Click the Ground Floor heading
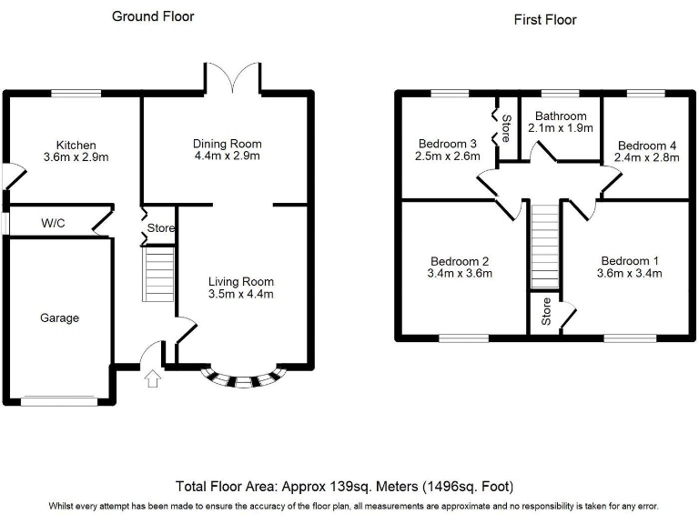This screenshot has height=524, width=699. [x=153, y=16]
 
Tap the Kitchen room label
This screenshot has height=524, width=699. [x=76, y=145]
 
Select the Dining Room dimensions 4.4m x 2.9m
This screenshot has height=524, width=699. [x=227, y=156]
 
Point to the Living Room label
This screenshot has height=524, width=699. [x=240, y=281]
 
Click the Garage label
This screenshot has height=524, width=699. [x=59, y=317]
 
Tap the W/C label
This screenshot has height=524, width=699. [x=53, y=223]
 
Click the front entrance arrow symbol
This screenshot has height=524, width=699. [x=152, y=378]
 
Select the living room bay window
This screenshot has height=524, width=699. [x=242, y=380]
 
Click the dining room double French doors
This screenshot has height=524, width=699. [x=235, y=78]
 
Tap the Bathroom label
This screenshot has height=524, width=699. [x=562, y=116]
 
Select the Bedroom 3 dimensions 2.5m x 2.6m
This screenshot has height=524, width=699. [x=447, y=156]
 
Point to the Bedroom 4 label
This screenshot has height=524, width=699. [x=646, y=145]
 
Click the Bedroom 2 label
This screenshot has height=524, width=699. [x=460, y=260]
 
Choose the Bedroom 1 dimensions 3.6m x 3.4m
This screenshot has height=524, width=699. [x=629, y=273]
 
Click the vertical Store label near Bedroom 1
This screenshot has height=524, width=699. [x=546, y=312]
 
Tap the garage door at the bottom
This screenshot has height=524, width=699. [x=58, y=399]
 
